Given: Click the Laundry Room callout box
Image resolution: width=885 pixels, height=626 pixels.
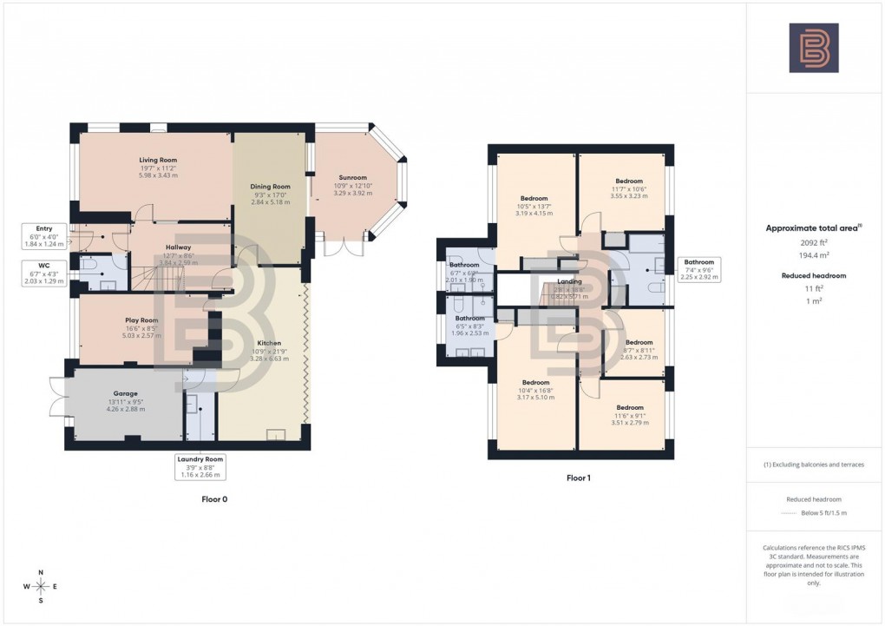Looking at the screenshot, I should pos(202,466).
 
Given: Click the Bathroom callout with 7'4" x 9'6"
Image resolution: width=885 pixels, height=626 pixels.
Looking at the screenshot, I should pos(698,270).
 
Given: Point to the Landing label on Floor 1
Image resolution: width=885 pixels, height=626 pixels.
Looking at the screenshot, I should pos(569,281).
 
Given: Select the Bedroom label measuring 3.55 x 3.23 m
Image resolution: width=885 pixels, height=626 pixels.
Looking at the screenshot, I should pos(629,181).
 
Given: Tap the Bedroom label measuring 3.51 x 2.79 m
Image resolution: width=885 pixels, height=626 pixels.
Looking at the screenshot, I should pos(629,407).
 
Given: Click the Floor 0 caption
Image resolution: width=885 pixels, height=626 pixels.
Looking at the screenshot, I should pos(213,499).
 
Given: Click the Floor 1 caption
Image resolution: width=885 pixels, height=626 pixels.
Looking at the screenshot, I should pos(578,477).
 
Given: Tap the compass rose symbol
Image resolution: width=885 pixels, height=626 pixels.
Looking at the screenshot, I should pos(39,587).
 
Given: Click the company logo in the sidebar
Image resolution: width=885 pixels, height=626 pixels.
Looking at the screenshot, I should pos(813,48).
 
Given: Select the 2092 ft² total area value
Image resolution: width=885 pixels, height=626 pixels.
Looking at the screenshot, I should pos(813,245).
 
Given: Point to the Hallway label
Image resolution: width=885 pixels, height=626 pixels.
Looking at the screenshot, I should pos(178,247).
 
